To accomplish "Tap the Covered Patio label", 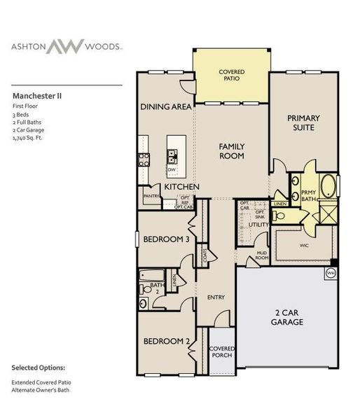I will pyautogui.click(x=231, y=76).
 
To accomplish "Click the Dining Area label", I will pyautogui.click(x=165, y=107).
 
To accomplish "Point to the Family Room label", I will pyautogui.click(x=231, y=151).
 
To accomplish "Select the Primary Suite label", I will pyautogui.click(x=303, y=122).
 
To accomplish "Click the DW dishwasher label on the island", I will pyautogui.click(x=171, y=169).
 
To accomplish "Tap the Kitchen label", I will pyautogui.click(x=182, y=188).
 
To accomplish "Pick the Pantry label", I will pyautogui.click(x=151, y=197).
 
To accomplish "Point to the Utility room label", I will pyautogui.click(x=258, y=225).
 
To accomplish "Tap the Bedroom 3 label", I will pyautogui.click(x=166, y=239).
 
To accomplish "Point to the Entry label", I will pyautogui.click(x=216, y=297).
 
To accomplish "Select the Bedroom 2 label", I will pyautogui.click(x=167, y=342).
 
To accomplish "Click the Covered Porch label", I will pyautogui.click(x=222, y=352).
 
